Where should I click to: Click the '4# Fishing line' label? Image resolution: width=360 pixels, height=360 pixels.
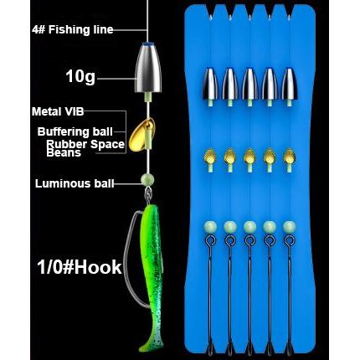[73, 30]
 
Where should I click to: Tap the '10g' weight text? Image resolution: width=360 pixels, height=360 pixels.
[80, 76]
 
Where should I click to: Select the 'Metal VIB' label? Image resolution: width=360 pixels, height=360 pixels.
[58, 111]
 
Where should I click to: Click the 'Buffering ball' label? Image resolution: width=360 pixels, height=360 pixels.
[75, 131]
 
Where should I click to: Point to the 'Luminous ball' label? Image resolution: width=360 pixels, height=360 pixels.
[75, 183]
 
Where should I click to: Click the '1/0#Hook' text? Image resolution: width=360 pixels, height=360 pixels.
[80, 267]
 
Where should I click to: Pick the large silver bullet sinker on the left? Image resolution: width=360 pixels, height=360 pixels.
[148, 69]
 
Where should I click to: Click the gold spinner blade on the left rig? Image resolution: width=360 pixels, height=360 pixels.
[141, 135]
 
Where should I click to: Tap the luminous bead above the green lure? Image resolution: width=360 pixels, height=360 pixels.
[147, 179]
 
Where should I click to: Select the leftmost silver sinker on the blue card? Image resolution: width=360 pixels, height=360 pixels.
[210, 84]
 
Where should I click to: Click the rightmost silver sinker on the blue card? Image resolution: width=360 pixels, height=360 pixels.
[290, 84]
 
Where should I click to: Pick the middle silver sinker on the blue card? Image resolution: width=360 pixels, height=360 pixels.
[249, 84]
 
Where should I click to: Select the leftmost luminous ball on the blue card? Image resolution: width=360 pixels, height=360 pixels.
[210, 227]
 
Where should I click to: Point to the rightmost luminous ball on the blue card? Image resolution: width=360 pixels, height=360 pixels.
[290, 227]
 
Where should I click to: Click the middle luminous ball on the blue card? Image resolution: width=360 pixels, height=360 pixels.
[249, 227]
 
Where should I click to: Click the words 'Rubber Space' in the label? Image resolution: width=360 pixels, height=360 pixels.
[85, 144]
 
